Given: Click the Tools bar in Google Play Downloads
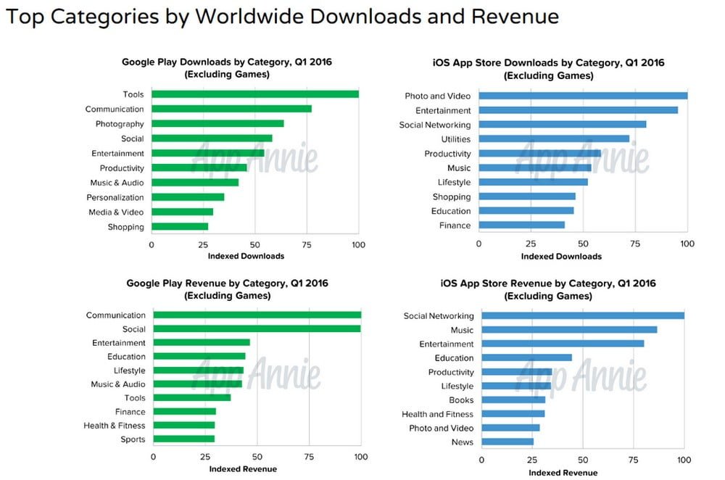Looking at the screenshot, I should pyautogui.click(x=254, y=94).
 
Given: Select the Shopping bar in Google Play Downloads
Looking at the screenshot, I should pyautogui.click(x=180, y=227).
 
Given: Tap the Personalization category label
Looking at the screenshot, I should pyautogui.click(x=115, y=197).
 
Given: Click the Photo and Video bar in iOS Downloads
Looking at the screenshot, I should pyautogui.click(x=582, y=96).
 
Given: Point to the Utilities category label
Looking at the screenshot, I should pyautogui.click(x=455, y=139).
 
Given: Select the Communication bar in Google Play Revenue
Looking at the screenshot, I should pyautogui.click(x=257, y=315).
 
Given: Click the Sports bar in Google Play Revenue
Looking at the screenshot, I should pyautogui.click(x=183, y=439).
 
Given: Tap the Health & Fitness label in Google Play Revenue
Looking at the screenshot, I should pyautogui.click(x=114, y=426).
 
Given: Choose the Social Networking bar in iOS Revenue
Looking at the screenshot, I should pyautogui.click(x=582, y=316).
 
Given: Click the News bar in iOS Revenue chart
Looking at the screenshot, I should pyautogui.click(x=507, y=442).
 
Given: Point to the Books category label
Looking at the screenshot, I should pyautogui.click(x=461, y=400).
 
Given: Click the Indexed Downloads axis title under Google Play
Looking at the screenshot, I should pyautogui.click(x=246, y=256).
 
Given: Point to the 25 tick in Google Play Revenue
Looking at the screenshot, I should pyautogui.click(x=204, y=457).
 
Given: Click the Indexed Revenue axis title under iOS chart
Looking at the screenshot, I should pyautogui.click(x=563, y=473).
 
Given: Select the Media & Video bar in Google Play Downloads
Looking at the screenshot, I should pyautogui.click(x=182, y=212).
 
